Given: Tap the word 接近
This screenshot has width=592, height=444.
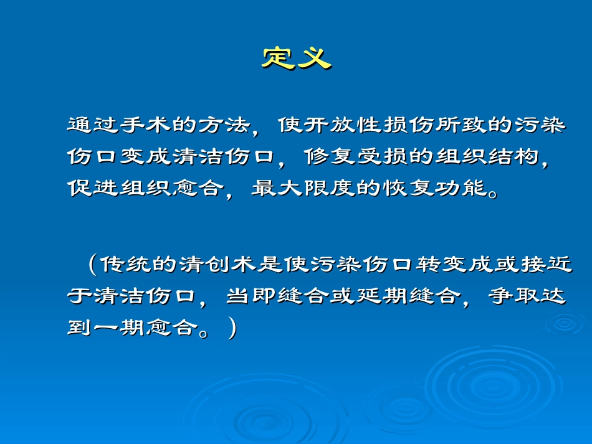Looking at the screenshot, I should (546, 264).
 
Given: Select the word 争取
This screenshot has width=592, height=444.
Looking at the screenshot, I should (511, 296).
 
